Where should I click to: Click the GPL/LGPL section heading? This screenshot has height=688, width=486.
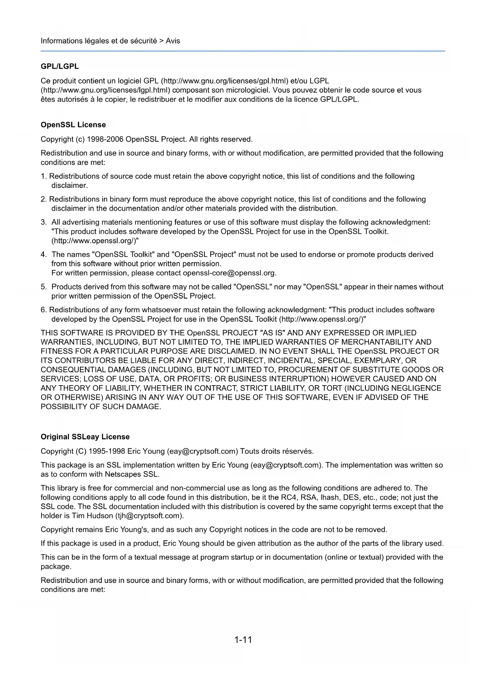[60, 67]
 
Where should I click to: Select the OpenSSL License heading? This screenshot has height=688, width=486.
[73, 125]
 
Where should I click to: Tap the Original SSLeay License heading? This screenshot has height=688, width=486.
[85, 437]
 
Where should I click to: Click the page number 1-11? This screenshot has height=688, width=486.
[243, 640]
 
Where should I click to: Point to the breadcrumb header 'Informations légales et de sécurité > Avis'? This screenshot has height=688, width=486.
[110, 41]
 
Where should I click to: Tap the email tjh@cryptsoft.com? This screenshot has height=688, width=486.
[149, 515]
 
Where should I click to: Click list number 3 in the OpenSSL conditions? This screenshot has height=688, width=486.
[43, 222]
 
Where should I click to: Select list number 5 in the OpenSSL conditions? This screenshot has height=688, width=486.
[43, 287]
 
